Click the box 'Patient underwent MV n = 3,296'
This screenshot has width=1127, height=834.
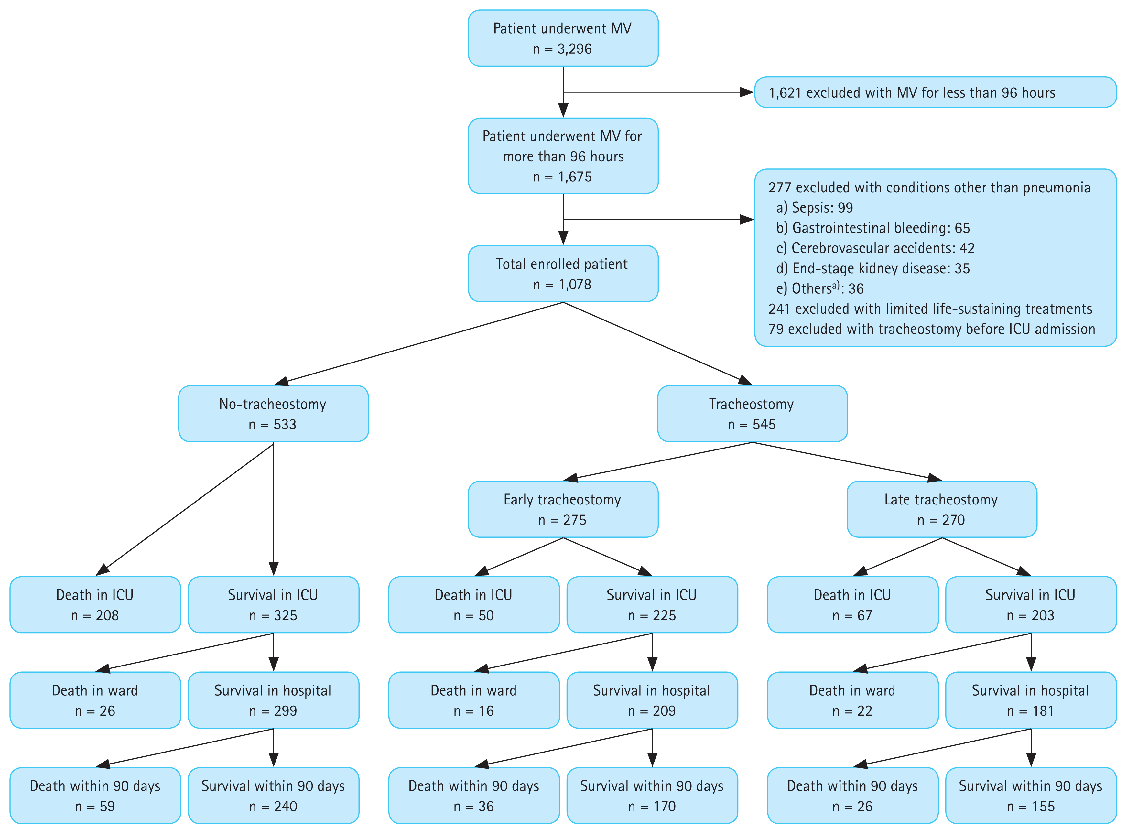click(563, 38)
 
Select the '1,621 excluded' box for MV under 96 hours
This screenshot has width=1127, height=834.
click(935, 92)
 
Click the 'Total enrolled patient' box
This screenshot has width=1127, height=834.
click(563, 274)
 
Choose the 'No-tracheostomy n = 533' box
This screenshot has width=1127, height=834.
click(273, 414)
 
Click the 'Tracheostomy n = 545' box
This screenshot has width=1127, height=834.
click(752, 414)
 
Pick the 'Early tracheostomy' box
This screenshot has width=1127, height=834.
click(563, 509)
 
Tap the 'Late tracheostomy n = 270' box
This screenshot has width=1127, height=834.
click(941, 509)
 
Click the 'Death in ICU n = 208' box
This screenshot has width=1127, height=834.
click(95, 605)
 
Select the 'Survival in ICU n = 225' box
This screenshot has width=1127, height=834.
click(652, 605)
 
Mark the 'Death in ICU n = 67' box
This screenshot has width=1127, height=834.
click(852, 605)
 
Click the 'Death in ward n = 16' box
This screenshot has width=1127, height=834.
click(473, 700)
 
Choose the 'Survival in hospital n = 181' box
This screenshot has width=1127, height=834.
click(1030, 700)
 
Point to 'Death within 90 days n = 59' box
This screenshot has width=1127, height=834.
click(95, 796)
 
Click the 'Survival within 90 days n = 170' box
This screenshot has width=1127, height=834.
click(652, 796)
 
